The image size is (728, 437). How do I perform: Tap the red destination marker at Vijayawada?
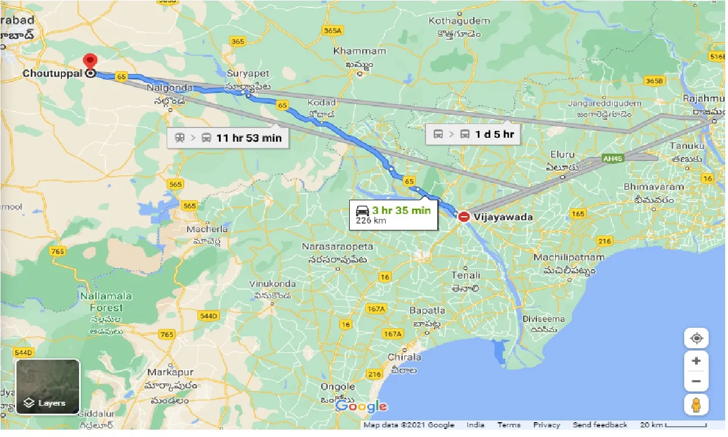464,217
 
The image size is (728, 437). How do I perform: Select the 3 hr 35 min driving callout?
394,215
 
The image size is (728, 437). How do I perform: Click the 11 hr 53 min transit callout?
227,138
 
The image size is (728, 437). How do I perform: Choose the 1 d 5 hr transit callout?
473,134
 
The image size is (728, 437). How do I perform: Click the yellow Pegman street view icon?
696,405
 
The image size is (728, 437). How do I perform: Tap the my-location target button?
696,339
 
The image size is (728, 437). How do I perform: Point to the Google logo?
361,406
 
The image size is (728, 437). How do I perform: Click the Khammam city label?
352,51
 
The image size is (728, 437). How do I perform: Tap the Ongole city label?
338,387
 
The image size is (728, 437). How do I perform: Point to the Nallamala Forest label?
106,302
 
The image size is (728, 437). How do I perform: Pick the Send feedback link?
600,425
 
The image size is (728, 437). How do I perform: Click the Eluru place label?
562,155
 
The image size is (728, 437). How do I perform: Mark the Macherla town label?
207,229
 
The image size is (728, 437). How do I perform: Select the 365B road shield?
655,81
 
